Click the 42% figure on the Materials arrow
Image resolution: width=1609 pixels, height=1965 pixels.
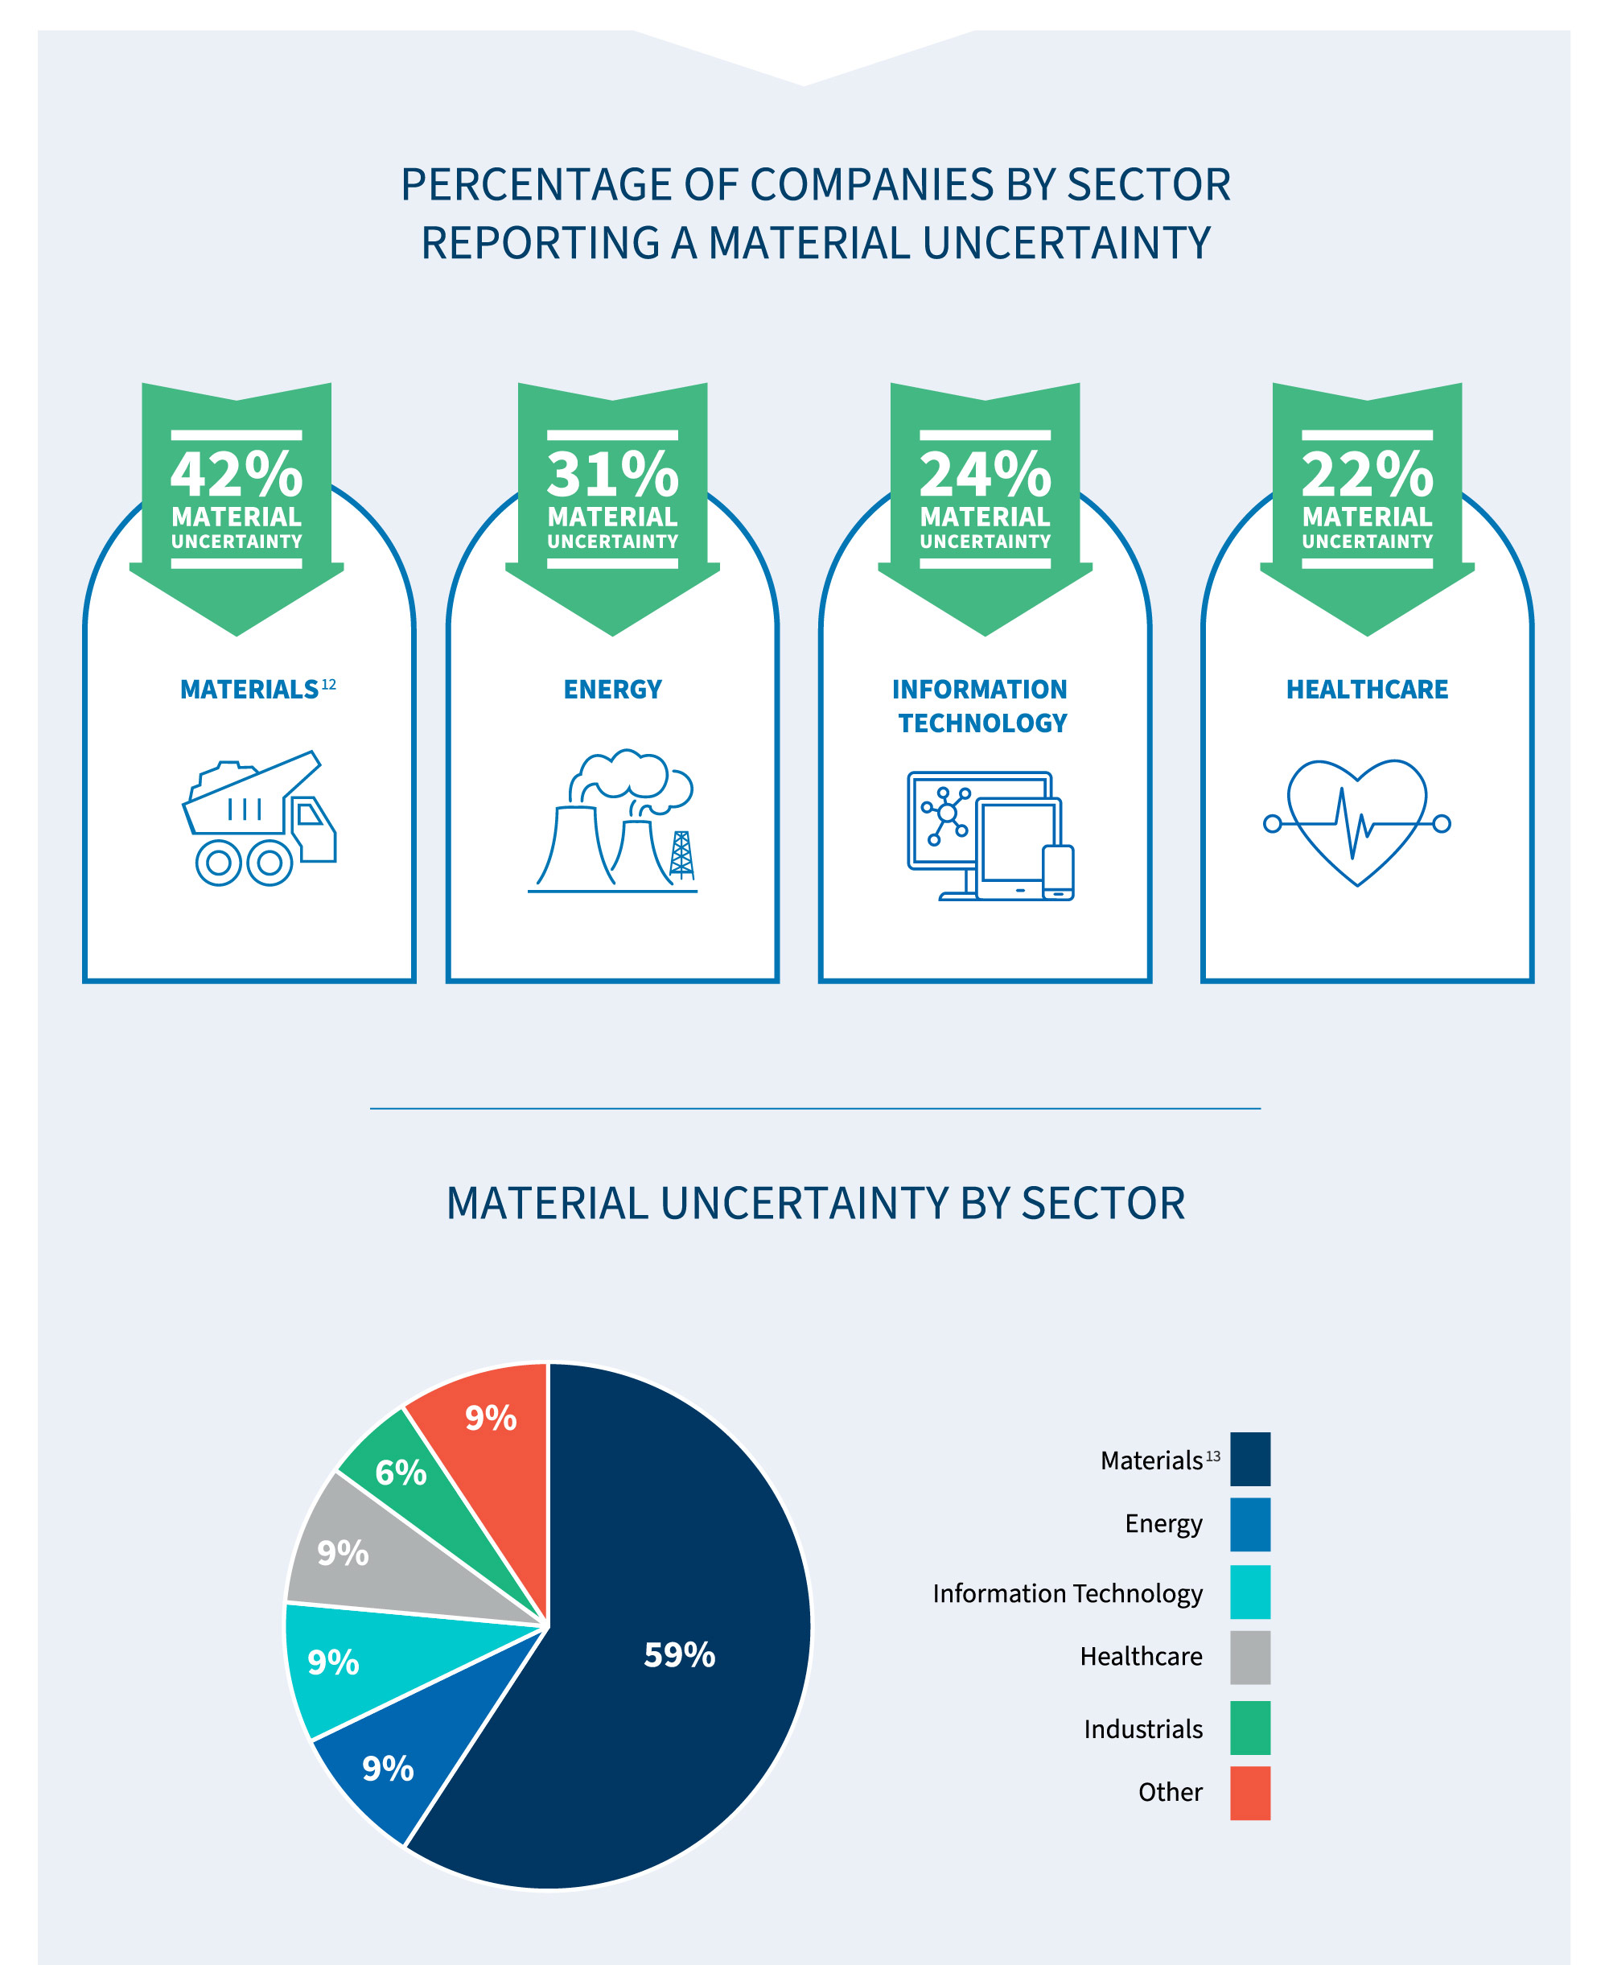click(237, 475)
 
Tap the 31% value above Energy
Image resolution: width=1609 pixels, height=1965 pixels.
click(613, 475)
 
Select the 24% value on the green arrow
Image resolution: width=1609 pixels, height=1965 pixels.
click(986, 475)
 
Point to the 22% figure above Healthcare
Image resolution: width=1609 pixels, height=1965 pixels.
click(1367, 475)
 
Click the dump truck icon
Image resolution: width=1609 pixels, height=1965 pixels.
click(258, 818)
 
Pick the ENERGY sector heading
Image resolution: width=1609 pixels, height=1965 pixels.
click(613, 690)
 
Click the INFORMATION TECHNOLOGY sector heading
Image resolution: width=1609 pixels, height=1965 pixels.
click(981, 706)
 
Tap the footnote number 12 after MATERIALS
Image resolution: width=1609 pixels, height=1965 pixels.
click(328, 684)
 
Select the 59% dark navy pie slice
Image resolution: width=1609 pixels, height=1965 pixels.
click(679, 1654)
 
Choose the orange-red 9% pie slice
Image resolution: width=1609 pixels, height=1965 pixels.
click(490, 1418)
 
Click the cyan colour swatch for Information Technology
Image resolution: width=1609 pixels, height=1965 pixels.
click(1249, 1592)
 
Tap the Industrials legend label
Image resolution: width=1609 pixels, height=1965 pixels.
click(1143, 1728)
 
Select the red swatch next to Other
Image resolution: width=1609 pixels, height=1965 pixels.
click(1249, 1793)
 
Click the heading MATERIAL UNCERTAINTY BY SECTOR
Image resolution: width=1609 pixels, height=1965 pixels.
click(816, 1204)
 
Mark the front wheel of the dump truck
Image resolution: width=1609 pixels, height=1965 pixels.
click(270, 863)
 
